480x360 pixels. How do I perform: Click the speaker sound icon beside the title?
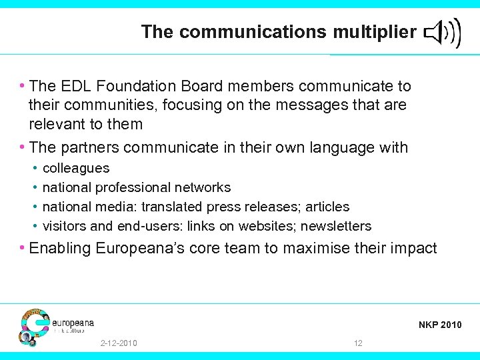point(442,31)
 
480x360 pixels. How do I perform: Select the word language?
point(341,147)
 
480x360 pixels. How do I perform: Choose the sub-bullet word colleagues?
point(76,169)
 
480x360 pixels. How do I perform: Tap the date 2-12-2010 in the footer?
point(119,343)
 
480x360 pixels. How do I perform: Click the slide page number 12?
point(359,343)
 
